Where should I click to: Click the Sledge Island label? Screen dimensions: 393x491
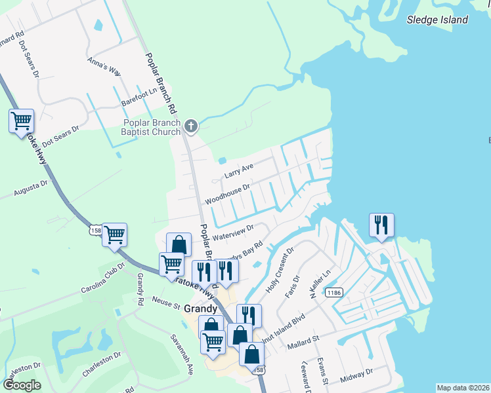[x=438, y=20]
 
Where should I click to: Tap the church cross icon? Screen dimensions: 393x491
[x=191, y=125]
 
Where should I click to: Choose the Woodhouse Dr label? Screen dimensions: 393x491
[x=227, y=193]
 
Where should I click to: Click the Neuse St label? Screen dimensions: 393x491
[x=167, y=304]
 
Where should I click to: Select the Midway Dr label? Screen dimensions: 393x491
[x=357, y=375]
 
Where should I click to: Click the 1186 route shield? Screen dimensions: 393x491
[x=334, y=293]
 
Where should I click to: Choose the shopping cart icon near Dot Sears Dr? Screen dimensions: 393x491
[x=21, y=121]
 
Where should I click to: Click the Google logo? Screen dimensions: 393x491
[x=22, y=385]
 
